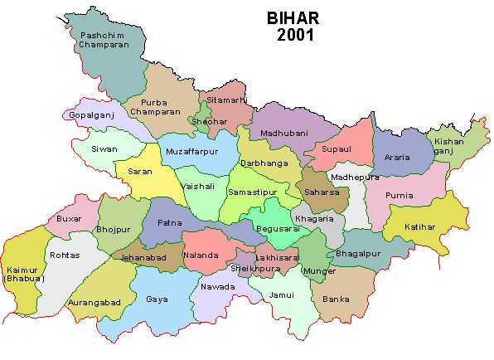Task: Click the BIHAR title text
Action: pos(291,18)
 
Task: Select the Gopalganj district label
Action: pos(90,114)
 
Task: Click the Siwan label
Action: pos(105,149)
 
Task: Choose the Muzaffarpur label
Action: pos(191,153)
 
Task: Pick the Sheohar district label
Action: pos(208,122)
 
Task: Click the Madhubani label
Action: pos(283,132)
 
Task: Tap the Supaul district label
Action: pos(338,149)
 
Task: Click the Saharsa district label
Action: pos(321,192)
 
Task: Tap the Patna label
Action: pos(169,222)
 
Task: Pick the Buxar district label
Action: pos(70,219)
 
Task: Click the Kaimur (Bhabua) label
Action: pos(22,274)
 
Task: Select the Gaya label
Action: pos(157,299)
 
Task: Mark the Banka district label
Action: pos(336,299)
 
